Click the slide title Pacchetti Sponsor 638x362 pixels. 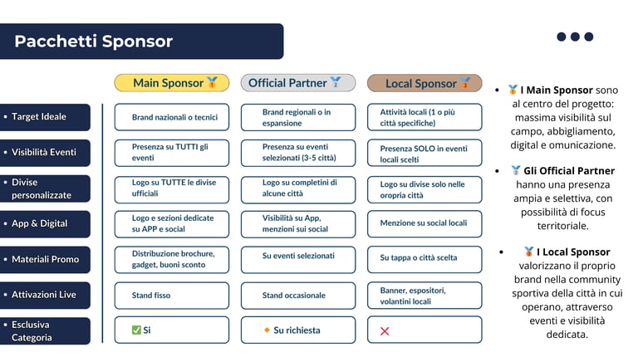pos(93,42)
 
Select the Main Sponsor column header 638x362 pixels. pos(171,83)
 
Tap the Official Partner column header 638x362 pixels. pos(297,83)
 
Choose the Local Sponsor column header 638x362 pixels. pos(424,83)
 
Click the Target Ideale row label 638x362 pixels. pos(45,117)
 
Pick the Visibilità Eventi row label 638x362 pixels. pos(45,153)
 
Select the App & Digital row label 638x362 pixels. pos(45,223)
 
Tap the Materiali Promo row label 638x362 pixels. pos(45,260)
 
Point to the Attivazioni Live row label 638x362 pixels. pos(45,295)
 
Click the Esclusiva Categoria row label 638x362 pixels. pos(45,331)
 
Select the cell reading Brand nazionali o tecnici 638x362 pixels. pos(171,118)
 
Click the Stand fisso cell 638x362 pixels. pos(171,296)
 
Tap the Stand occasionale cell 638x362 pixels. pos(297,296)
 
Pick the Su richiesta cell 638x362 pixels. pos(297,330)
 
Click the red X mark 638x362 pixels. pos(385,331)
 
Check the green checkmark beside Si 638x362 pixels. pos(136,330)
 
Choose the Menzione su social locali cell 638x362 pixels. pos(424,223)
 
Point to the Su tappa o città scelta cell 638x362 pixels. pos(424,258)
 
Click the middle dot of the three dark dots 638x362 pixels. pos(575,37)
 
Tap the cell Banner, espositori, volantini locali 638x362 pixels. pos(424,296)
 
